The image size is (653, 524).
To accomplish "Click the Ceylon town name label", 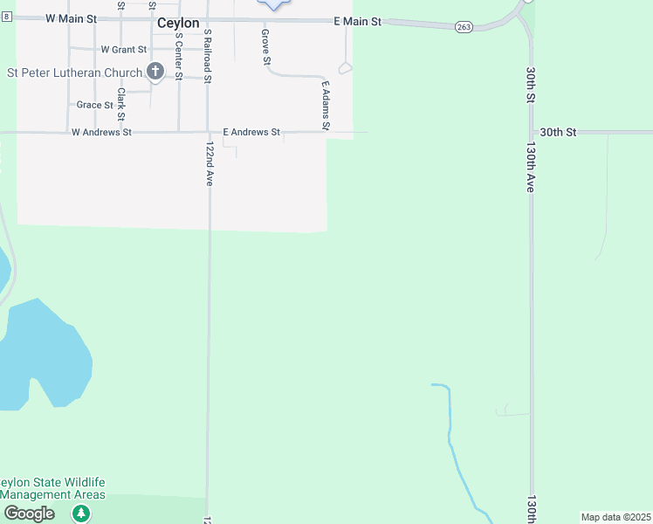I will click(x=178, y=24).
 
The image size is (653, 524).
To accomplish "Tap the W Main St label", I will click(x=69, y=17).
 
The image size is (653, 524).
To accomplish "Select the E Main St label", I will click(x=358, y=21).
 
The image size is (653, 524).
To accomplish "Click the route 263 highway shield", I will click(x=464, y=28).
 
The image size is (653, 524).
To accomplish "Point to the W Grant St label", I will click(x=124, y=50).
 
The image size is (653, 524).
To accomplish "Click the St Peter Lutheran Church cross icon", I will click(x=155, y=72).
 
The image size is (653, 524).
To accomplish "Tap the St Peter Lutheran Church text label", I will click(x=74, y=72).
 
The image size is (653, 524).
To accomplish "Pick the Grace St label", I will click(x=95, y=105).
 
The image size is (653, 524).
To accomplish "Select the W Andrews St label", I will click(x=101, y=133).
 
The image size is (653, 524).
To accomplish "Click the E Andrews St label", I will click(x=251, y=132).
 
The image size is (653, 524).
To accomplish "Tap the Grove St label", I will click(x=265, y=46).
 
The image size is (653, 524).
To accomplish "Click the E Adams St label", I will click(x=325, y=107).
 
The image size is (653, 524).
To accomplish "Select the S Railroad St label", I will click(x=208, y=56).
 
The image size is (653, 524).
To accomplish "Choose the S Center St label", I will click(x=178, y=57).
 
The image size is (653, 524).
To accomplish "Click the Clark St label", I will click(x=121, y=103).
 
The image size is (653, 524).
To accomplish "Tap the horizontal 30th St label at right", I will click(x=558, y=132).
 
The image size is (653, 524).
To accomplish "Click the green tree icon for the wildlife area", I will click(x=81, y=513).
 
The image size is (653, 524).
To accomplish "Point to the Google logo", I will click(x=29, y=514).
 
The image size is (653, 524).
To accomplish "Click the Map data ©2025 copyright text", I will click(x=615, y=517).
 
